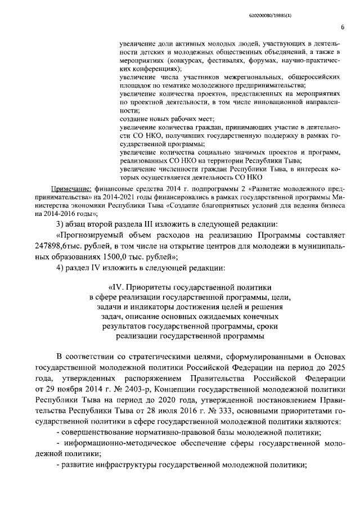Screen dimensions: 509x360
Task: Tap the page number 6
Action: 342,26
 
